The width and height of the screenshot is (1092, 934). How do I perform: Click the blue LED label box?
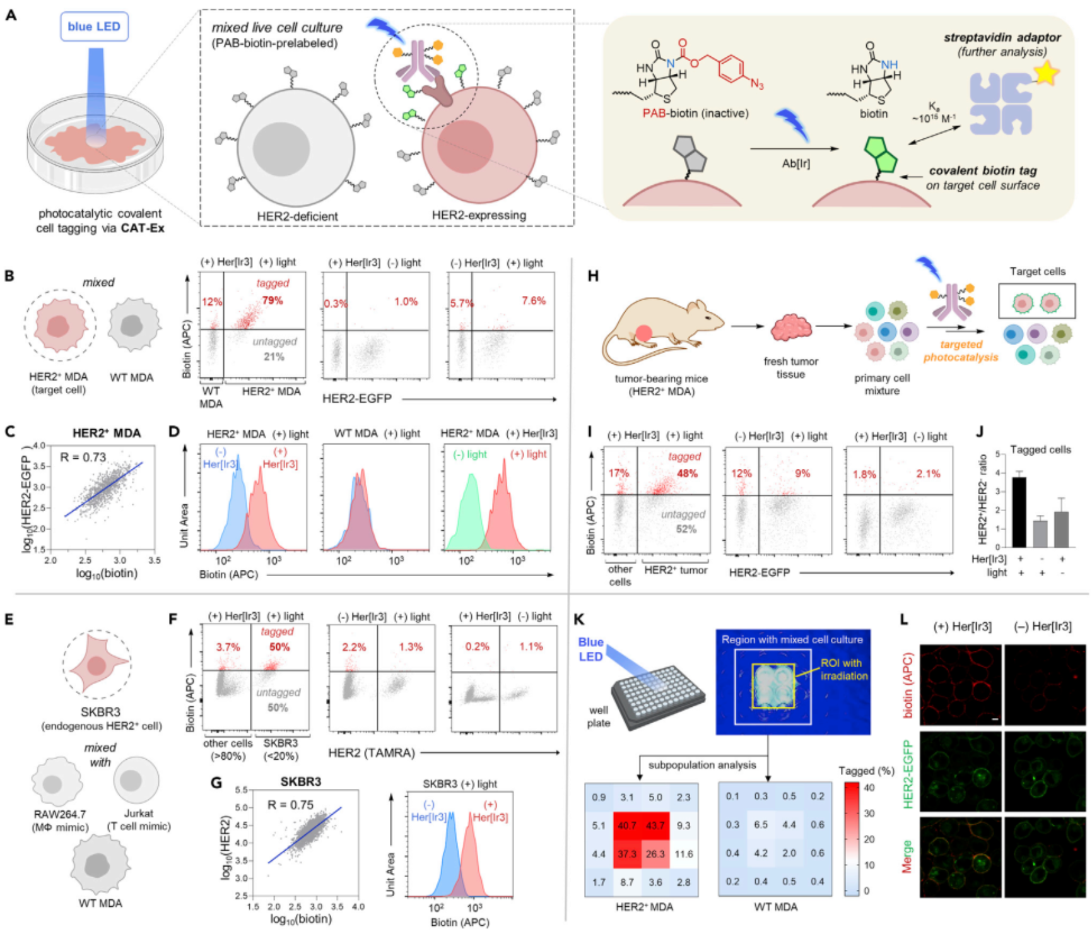[94, 27]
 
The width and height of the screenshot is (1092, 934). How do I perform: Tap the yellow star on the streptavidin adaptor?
[1045, 74]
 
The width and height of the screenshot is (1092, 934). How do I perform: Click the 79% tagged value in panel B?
[273, 300]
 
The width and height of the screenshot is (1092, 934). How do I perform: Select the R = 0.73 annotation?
[83, 458]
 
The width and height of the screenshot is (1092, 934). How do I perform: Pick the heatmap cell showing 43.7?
[655, 825]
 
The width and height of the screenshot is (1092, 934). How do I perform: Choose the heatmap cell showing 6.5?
[761, 825]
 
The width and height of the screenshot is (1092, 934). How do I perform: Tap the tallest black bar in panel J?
[1019, 512]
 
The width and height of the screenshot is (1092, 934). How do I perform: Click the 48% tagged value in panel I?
[687, 473]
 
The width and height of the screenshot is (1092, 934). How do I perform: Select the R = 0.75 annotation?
[290, 805]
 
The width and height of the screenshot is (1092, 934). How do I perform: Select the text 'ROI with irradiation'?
[843, 670]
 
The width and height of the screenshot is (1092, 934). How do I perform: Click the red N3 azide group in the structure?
[756, 84]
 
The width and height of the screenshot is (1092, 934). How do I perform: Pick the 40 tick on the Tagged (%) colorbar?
[869, 787]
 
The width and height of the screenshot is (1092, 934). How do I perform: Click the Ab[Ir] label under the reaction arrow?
[796, 163]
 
